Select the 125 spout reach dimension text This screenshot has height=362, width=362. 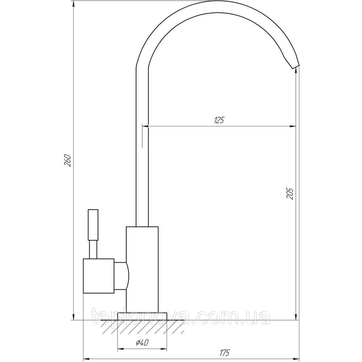click(x=219, y=120)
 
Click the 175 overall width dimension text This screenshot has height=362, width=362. click(x=224, y=352)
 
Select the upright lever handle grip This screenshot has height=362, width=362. click(x=93, y=225)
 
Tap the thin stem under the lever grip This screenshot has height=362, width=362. click(x=93, y=249)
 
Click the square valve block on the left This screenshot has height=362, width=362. click(x=98, y=276)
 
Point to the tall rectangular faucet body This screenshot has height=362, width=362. click(x=142, y=269)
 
